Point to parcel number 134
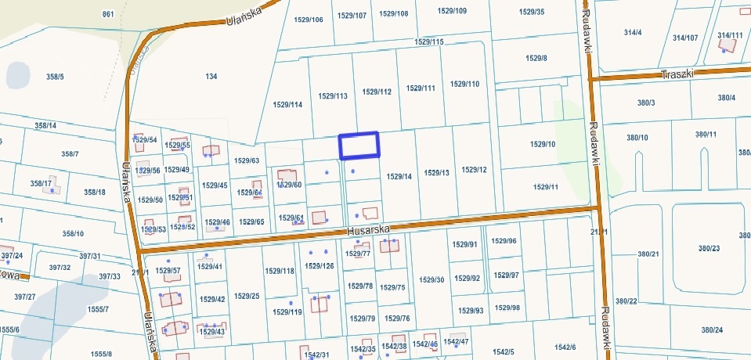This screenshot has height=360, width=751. pyautogui.click(x=211, y=76)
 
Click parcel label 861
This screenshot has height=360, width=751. pyautogui.click(x=108, y=15)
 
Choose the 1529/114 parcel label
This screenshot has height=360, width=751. pyautogui.click(x=287, y=104)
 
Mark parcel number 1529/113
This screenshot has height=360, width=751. pyautogui.click(x=333, y=96)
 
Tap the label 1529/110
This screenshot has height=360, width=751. pyautogui.click(x=465, y=84)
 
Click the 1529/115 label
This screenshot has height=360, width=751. pyautogui.click(x=429, y=41)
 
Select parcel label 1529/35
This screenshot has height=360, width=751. pyautogui.click(x=531, y=12)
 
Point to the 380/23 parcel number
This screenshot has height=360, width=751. pyautogui.click(x=709, y=248)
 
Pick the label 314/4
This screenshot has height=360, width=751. pyautogui.click(x=633, y=32)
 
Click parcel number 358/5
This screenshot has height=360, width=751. pyautogui.click(x=55, y=76)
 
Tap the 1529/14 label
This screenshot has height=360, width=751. pyautogui.click(x=399, y=177)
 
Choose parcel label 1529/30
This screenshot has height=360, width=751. pyautogui.click(x=431, y=279)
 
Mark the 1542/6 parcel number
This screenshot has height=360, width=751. pyautogui.click(x=565, y=347)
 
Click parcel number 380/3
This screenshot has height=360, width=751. pyautogui.click(x=646, y=103)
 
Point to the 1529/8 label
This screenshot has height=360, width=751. pyautogui.click(x=536, y=59)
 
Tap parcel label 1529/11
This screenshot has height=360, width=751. pyautogui.click(x=545, y=187)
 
